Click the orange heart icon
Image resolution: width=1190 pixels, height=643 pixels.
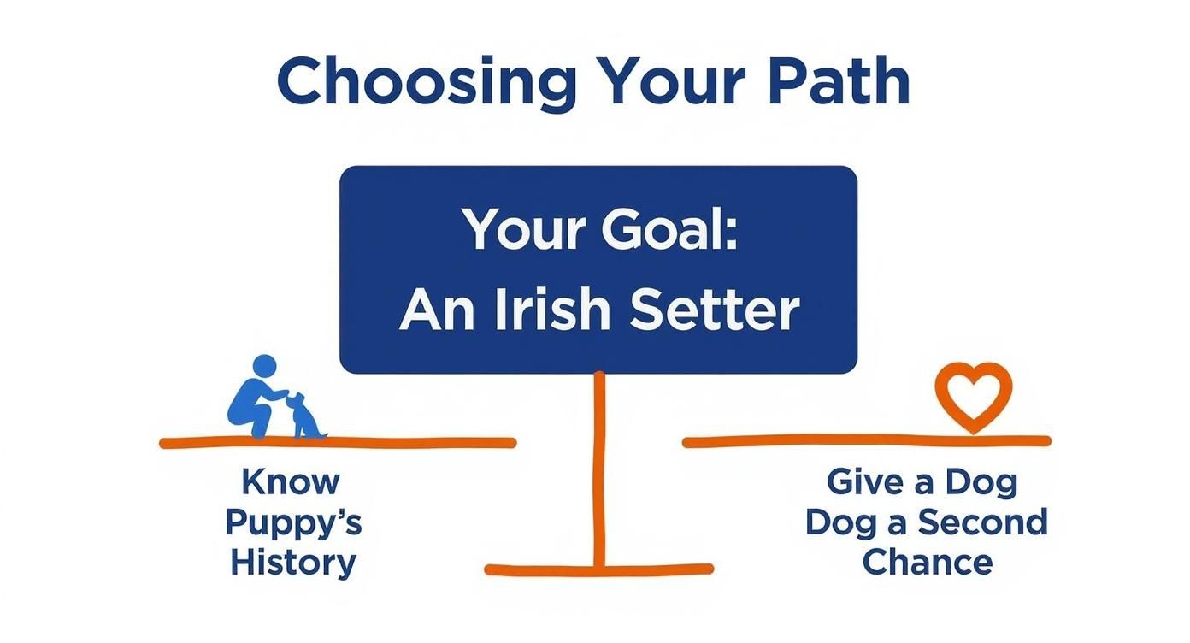(x=973, y=396)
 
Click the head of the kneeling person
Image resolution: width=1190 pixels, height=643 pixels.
(x=265, y=367)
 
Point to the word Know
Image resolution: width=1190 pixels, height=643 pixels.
(x=291, y=481)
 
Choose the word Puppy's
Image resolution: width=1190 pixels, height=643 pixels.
(x=293, y=523)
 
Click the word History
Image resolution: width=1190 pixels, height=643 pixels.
(x=293, y=563)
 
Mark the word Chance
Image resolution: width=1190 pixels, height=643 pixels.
(x=927, y=562)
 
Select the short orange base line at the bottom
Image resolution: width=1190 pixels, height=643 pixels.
(x=598, y=569)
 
